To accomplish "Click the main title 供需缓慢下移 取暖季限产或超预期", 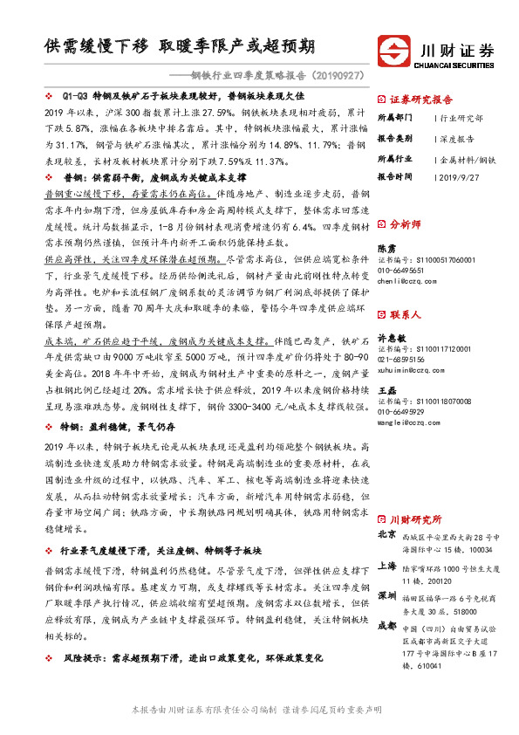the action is click(181, 45).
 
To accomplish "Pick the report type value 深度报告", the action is click(459, 138).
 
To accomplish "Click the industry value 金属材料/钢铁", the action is click(468, 159).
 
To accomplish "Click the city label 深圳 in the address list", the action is click(387, 595).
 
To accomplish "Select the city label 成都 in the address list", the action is click(387, 626).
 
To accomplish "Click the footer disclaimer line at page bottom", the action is click(258, 709).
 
